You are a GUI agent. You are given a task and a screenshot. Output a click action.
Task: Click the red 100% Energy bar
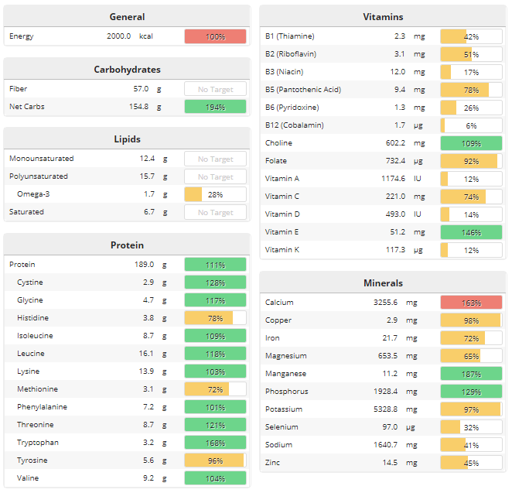click(215, 36)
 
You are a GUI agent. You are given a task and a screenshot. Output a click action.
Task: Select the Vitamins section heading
click(383, 17)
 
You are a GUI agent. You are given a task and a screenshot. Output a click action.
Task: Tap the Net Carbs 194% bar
click(215, 107)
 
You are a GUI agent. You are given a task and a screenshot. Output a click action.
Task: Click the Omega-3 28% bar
click(215, 194)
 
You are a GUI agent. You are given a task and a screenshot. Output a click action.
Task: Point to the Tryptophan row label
click(38, 443)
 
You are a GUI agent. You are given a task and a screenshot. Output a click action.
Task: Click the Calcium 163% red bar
click(471, 303)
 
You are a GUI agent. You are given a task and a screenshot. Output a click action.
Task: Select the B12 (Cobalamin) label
click(295, 125)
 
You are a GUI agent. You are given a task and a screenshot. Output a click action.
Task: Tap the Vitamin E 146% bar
click(471, 232)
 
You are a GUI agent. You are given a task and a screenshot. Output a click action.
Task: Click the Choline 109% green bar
click(471, 143)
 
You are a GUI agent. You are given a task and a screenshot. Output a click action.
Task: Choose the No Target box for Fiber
click(215, 89)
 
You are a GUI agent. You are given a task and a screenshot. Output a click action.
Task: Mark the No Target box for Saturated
click(215, 212)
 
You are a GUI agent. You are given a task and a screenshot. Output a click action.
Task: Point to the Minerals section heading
click(383, 283)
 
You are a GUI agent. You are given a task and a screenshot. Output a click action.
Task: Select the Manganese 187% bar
click(471, 374)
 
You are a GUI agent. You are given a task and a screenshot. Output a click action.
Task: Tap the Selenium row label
click(283, 427)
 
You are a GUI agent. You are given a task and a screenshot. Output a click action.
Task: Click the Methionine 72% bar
click(215, 389)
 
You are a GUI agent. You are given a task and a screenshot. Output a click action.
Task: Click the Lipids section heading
click(127, 139)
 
